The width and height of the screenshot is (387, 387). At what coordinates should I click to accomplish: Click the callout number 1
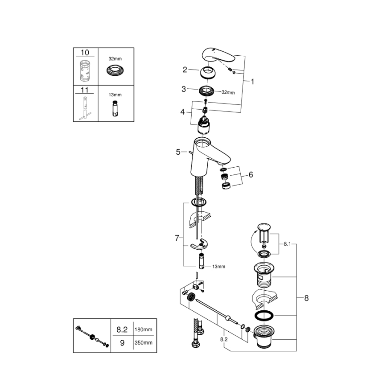click(x=252, y=82)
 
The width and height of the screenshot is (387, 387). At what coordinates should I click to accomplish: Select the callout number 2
click(x=185, y=70)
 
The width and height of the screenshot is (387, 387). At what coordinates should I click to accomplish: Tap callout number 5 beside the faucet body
click(x=178, y=152)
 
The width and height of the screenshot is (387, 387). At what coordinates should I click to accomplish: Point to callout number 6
click(x=250, y=175)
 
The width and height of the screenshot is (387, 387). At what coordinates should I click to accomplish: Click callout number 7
click(x=177, y=239)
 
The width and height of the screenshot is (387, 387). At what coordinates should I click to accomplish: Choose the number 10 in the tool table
click(x=85, y=53)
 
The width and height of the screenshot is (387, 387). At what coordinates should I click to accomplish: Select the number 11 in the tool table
click(x=85, y=90)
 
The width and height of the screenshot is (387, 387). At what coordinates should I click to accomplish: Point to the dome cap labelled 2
click(x=208, y=72)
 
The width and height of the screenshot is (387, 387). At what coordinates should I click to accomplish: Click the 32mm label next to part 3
click(x=228, y=92)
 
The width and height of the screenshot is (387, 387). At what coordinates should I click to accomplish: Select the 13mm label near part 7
click(x=218, y=266)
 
